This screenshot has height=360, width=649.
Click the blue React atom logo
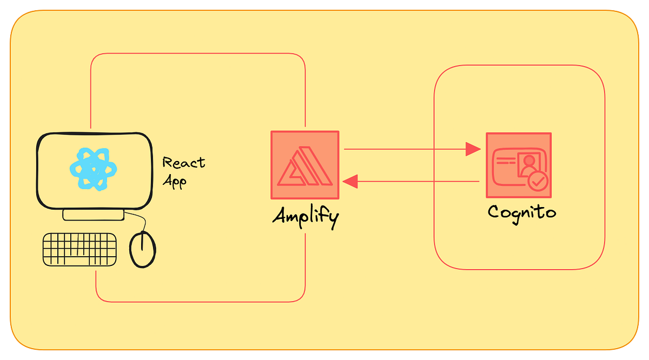pyautogui.click(x=94, y=169)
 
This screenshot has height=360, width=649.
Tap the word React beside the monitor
pyautogui.click(x=184, y=162)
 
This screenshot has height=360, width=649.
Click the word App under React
pyautogui.click(x=174, y=181)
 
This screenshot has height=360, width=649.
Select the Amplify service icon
pyautogui.click(x=305, y=165)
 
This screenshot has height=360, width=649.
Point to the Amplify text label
pyautogui.click(x=306, y=217)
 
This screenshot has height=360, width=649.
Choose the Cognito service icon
pyautogui.click(x=518, y=165)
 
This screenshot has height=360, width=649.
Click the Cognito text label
pyautogui.click(x=521, y=212)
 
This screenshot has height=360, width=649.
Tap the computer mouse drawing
pyautogui.click(x=143, y=249)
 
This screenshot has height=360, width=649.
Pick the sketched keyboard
pyautogui.click(x=80, y=249)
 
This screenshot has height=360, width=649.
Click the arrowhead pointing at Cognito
pyautogui.click(x=473, y=149)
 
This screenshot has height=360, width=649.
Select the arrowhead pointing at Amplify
pyautogui.click(x=350, y=182)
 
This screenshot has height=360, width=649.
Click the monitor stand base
pyautogui.click(x=94, y=215)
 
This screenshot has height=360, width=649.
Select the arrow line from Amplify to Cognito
pyautogui.click(x=406, y=149)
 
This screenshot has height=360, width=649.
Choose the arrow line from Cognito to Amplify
pyautogui.click(x=416, y=182)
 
